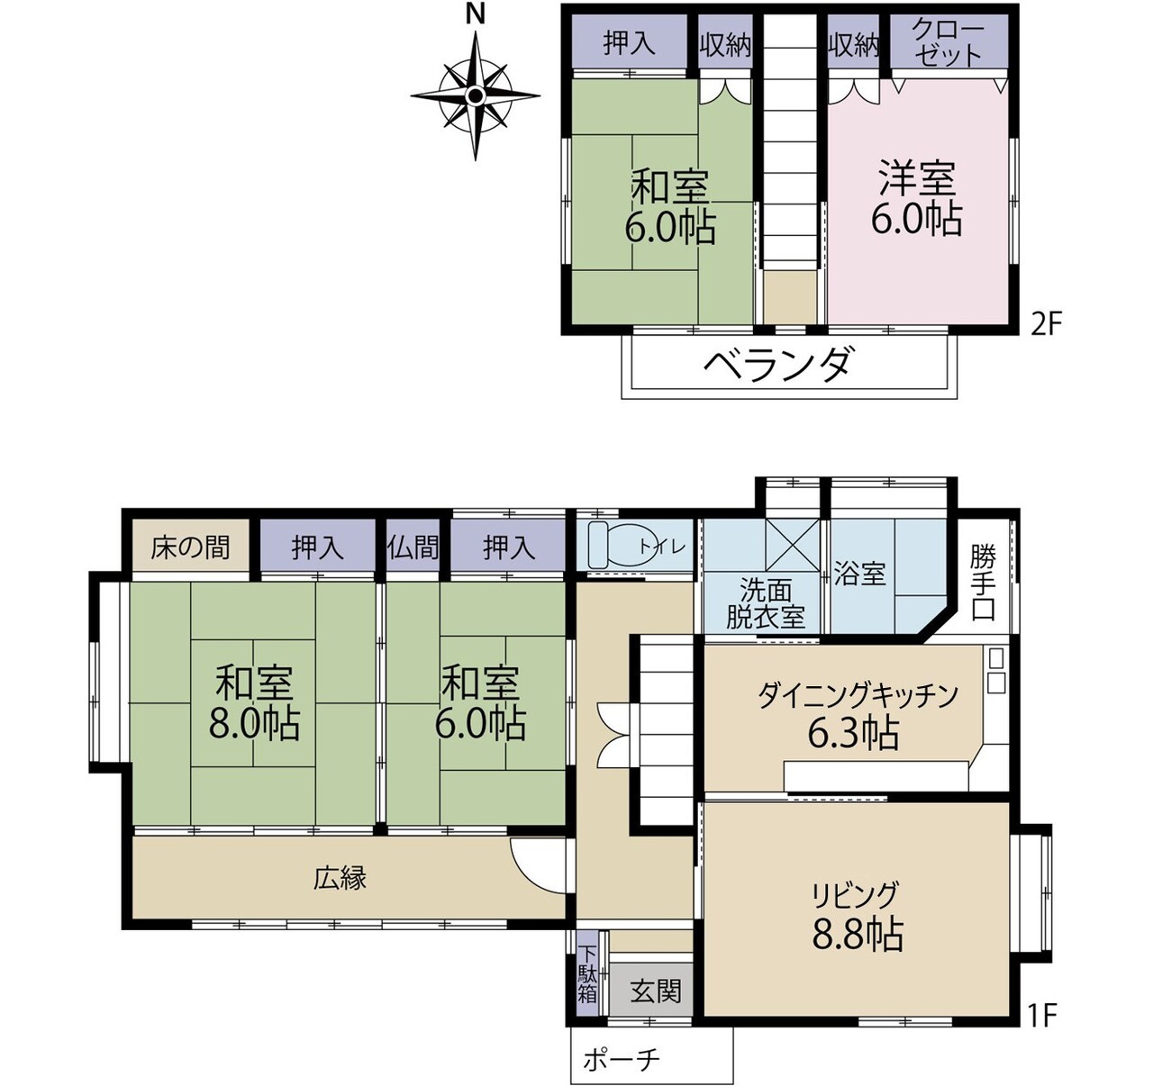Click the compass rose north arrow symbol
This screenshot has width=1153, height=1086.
point(476,95)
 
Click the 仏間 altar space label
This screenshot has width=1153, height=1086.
point(413,548)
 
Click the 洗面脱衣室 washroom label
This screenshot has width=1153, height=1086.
point(766,605)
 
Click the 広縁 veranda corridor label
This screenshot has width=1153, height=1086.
point(340,878)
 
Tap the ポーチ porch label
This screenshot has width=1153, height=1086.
point(622,1061)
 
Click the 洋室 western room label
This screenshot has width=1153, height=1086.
point(917,179)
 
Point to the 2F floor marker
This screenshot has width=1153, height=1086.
point(1046,326)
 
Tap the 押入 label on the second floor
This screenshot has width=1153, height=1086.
point(630,43)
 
